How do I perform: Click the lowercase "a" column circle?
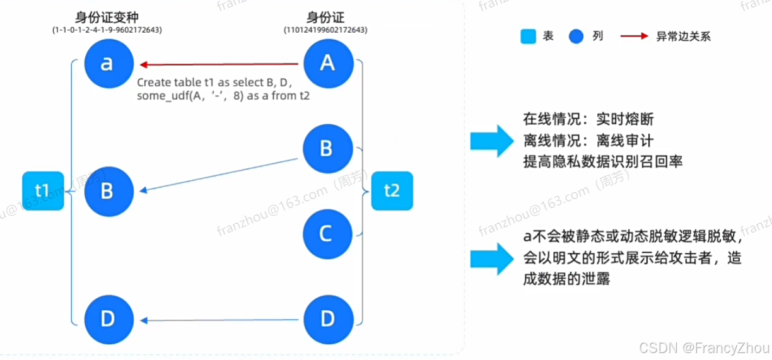pyautogui.click(x=108, y=64)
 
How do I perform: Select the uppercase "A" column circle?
pyautogui.click(x=327, y=62)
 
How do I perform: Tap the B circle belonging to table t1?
pyautogui.click(x=108, y=190)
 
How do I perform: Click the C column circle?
pyautogui.click(x=326, y=234)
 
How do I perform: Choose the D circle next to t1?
pyautogui.click(x=108, y=320)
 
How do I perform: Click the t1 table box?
pyautogui.click(x=42, y=190)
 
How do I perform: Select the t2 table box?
pyautogui.click(x=392, y=190)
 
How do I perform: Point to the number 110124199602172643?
pyautogui.click(x=327, y=30)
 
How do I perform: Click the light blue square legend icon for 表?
pyautogui.click(x=528, y=37)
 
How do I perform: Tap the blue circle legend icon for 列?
pyautogui.click(x=577, y=37)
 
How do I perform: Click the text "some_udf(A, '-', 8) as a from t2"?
pyautogui.click(x=224, y=96)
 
